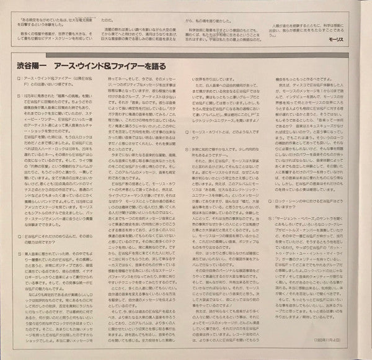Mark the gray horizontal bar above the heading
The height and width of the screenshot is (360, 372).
tap(185, 53)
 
